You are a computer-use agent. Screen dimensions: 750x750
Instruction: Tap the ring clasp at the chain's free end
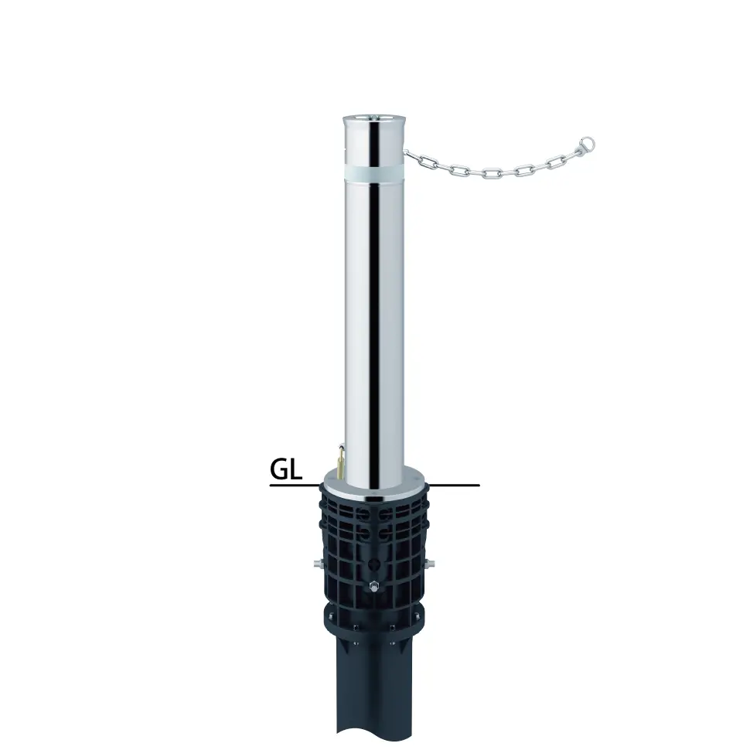click(586, 144)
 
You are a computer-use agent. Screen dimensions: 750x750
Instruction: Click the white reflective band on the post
click(374, 172)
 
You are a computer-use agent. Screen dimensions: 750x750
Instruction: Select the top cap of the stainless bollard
click(374, 119)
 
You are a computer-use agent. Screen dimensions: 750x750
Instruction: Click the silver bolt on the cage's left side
click(318, 563)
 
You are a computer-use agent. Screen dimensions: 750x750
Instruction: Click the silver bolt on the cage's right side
click(430, 563)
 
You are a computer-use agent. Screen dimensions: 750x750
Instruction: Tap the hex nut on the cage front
click(373, 585)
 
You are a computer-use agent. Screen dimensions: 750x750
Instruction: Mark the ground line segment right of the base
click(455, 486)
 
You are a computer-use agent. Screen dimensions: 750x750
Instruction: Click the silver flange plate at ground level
click(374, 485)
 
